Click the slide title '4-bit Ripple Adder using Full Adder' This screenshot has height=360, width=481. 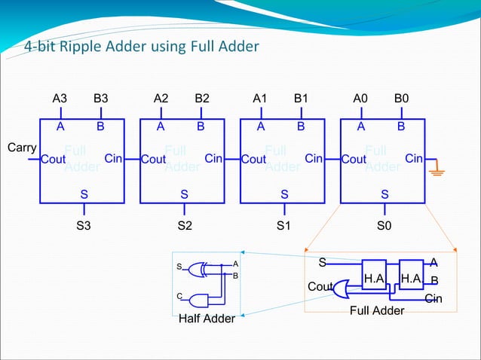141,47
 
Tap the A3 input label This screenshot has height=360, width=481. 60,98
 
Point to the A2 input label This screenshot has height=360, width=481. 161,98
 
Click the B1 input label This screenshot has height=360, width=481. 302,98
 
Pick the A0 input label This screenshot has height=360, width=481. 362,98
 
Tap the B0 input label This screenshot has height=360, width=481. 402,98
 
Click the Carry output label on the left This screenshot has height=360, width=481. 22,147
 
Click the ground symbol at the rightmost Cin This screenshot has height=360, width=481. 437,172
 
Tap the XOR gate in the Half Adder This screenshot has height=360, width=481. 201,269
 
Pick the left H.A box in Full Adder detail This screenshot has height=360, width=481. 374,278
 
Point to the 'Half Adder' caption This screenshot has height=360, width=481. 207,319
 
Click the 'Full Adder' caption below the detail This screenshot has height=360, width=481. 378,310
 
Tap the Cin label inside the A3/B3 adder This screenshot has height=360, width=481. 114,159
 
